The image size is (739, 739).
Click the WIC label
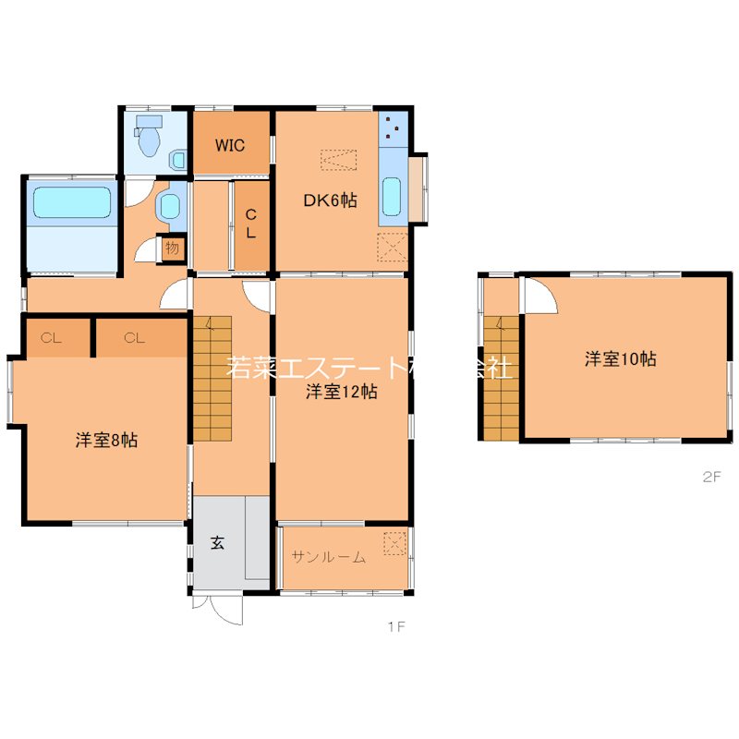click(x=230, y=145)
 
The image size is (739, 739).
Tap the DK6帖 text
click(x=331, y=200)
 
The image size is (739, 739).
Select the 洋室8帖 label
click(x=107, y=441)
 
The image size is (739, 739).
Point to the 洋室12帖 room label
click(x=341, y=392)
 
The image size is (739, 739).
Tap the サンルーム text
click(x=329, y=556)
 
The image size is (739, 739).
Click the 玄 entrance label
click(x=217, y=543)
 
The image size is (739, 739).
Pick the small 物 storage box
click(x=172, y=248)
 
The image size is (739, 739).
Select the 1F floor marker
click(x=396, y=627)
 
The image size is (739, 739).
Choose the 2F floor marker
click(x=711, y=478)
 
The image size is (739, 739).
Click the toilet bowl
click(x=148, y=138)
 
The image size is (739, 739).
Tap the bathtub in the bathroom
click(x=72, y=202)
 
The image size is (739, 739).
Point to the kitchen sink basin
click(x=391, y=195)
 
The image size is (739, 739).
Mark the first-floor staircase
click(x=212, y=379)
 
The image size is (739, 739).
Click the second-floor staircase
click(x=500, y=379)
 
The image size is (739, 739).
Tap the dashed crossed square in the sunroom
click(x=394, y=543)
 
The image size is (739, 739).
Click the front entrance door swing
click(x=223, y=611)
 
